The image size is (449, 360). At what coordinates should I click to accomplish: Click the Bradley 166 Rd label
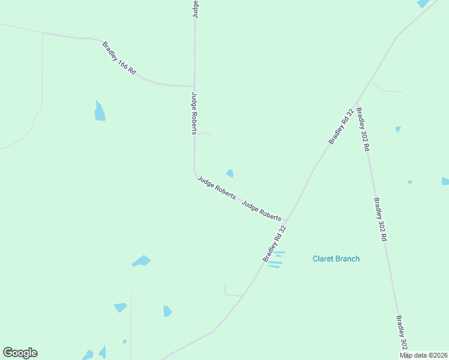pyautogui.click(x=119, y=58)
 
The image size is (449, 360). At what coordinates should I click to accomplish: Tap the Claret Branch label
pyautogui.click(x=336, y=259)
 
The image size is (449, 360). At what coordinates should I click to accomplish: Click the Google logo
pyautogui.click(x=20, y=353)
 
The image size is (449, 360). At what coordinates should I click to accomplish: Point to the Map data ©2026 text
pyautogui.click(x=423, y=355)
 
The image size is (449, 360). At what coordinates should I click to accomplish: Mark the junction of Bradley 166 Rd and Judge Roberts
pyautogui.click(x=194, y=86)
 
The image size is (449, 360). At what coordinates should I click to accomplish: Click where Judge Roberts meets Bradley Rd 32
pyautogui.click(x=285, y=221)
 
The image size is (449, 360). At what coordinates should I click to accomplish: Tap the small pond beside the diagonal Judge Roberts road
pyautogui.click(x=230, y=173)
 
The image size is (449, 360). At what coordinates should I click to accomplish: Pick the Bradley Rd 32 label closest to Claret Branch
pyautogui.click(x=275, y=244)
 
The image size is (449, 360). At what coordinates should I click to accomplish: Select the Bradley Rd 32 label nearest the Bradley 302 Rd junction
pyautogui.click(x=341, y=127)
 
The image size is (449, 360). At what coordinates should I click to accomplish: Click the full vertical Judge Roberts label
pyautogui.click(x=194, y=113)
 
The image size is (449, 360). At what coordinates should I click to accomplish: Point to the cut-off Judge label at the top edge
pyautogui.click(x=195, y=8)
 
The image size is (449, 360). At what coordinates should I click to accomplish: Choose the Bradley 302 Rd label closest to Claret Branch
pyautogui.click(x=380, y=220)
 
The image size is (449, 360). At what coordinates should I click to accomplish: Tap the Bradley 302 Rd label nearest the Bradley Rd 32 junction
pyautogui.click(x=363, y=128)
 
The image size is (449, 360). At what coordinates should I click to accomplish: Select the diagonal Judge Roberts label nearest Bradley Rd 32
pyautogui.click(x=261, y=209)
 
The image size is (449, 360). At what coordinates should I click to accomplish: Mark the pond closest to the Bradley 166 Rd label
pyautogui.click(x=100, y=111)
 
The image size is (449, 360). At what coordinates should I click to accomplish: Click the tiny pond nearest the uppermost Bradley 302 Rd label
pyautogui.click(x=397, y=129)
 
